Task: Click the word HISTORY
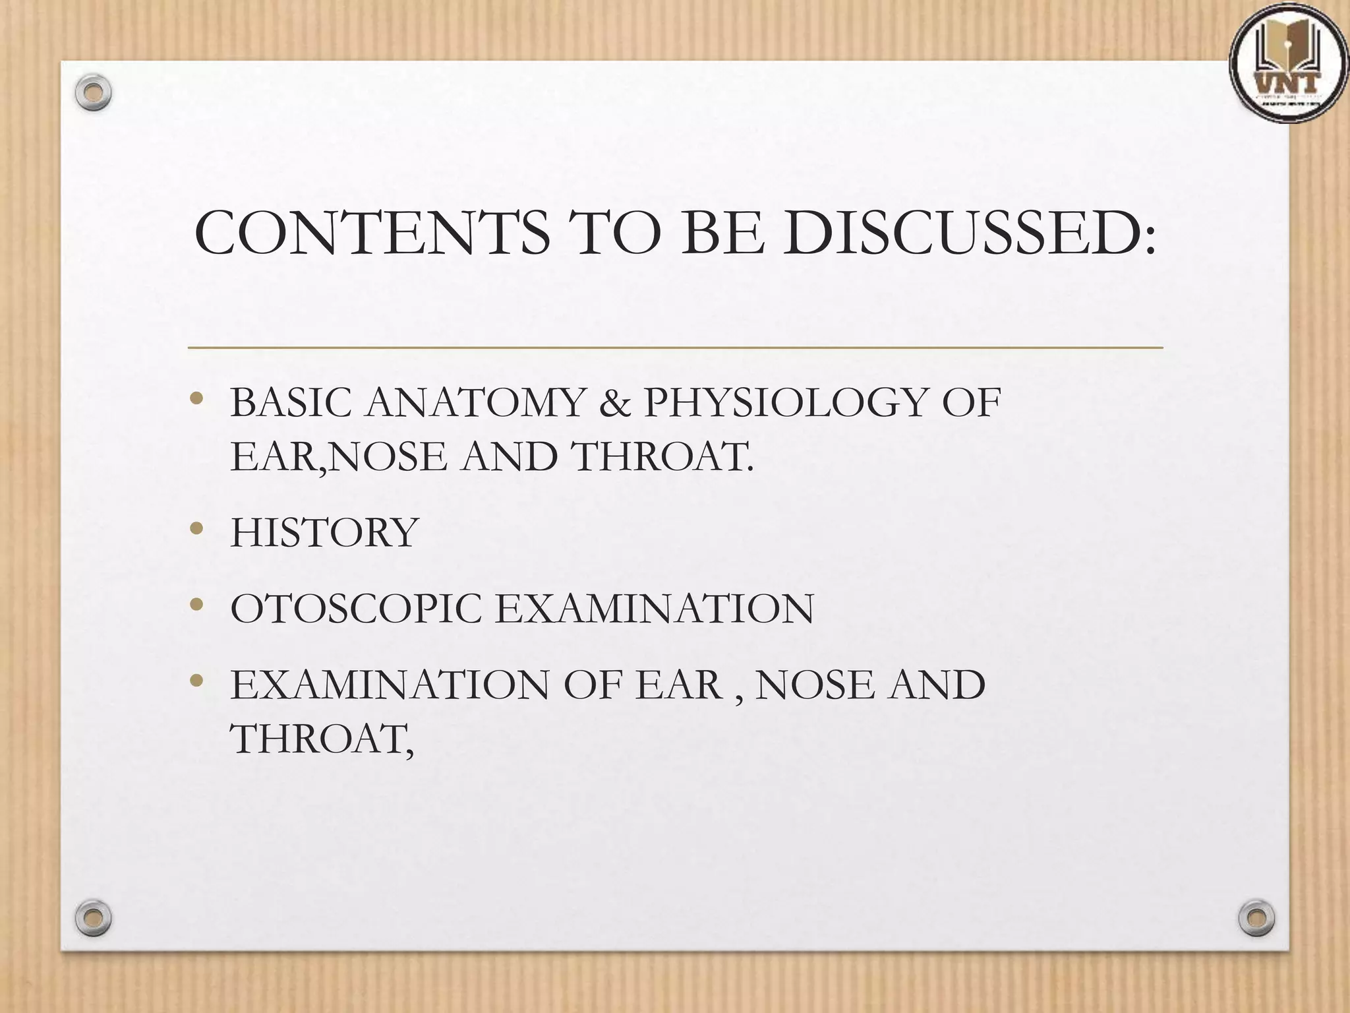click(x=324, y=533)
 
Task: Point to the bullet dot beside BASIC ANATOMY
click(x=196, y=398)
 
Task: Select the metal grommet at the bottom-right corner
click(x=1256, y=917)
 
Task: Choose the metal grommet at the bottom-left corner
click(x=93, y=917)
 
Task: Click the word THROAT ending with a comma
click(x=321, y=739)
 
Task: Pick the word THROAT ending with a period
click(x=663, y=456)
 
